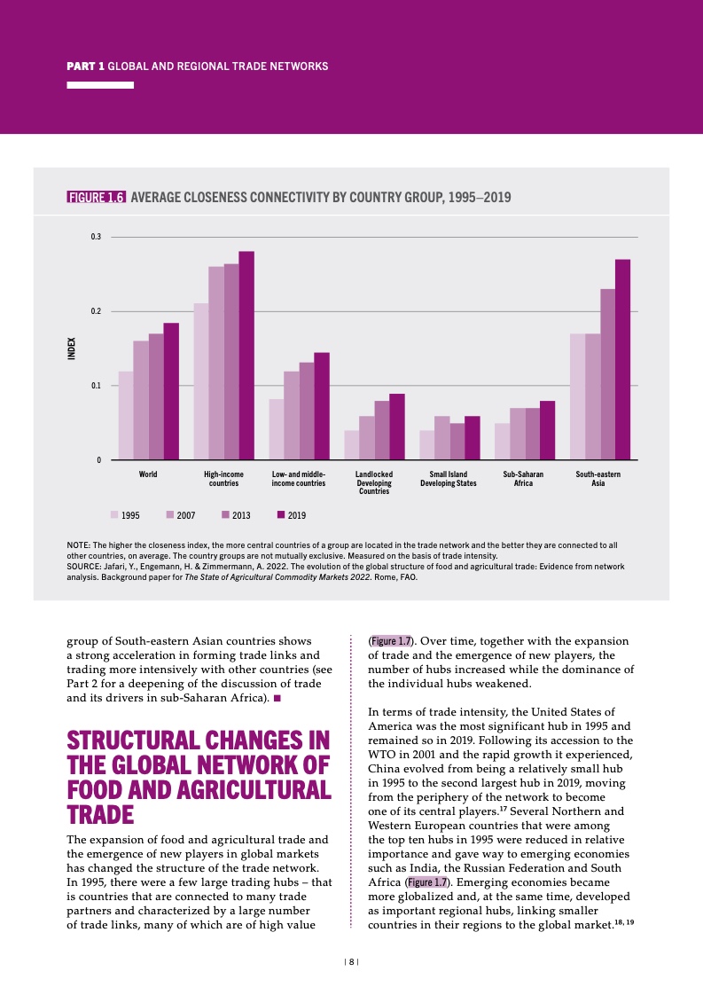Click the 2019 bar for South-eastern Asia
[x=622, y=359]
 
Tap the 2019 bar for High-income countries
[x=246, y=355]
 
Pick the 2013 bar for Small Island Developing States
[x=457, y=442]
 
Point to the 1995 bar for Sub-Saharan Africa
[x=503, y=442]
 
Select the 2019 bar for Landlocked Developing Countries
[x=397, y=427]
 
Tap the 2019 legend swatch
[x=282, y=514]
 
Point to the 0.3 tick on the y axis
[x=96, y=237]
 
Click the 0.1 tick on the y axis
[x=96, y=386]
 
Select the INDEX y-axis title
[x=72, y=347]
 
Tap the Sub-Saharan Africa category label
[x=523, y=479]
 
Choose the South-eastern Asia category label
[x=598, y=479]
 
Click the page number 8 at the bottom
[x=352, y=961]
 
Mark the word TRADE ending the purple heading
[x=101, y=814]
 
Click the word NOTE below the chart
[x=81, y=545]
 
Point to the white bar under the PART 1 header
[x=101, y=85]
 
